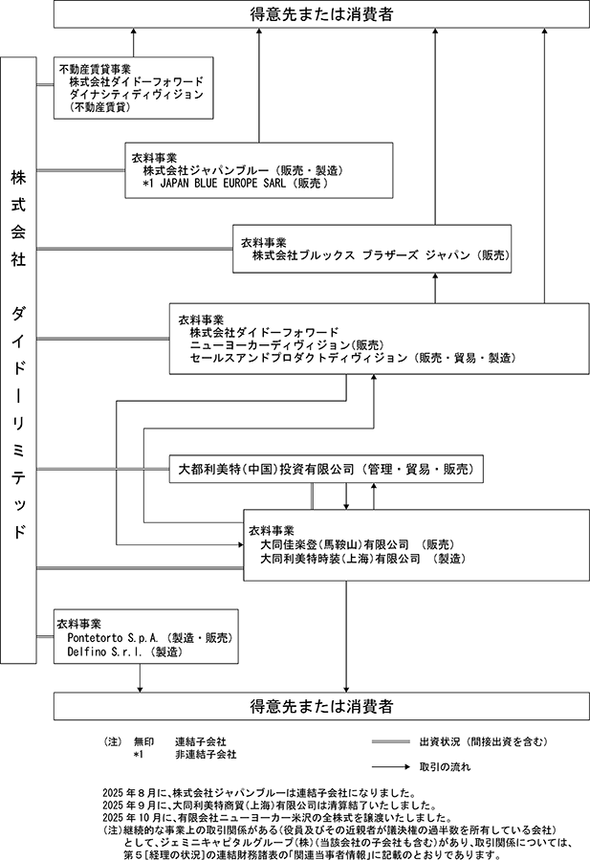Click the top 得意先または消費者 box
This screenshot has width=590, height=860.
point(321,13)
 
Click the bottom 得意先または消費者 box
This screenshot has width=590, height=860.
point(321,706)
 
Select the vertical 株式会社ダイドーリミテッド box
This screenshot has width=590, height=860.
point(18,360)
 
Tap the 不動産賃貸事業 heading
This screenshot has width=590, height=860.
point(95,69)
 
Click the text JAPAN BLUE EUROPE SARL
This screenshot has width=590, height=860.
point(223,183)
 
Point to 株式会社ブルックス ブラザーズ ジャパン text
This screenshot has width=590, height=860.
point(361,255)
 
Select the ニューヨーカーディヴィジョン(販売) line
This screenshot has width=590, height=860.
point(287,345)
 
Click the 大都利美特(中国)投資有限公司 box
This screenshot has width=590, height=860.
point(326,469)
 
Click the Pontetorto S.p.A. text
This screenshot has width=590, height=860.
point(113,638)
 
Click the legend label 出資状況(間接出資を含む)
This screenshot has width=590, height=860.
point(484,741)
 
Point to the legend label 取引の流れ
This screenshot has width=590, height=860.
point(445,767)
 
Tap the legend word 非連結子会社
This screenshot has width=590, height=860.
point(206,755)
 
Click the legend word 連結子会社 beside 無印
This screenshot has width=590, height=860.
point(201,741)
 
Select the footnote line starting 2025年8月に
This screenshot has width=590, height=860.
point(259,793)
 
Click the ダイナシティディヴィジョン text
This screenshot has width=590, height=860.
point(137,95)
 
